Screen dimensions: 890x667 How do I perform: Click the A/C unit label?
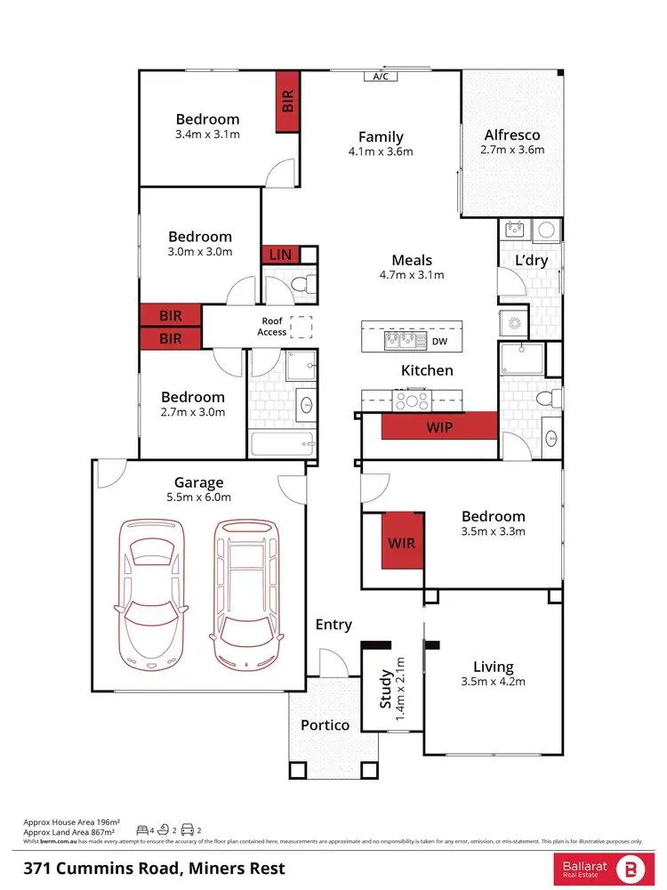click(x=381, y=77)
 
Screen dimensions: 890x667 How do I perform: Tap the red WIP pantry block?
click(x=438, y=426)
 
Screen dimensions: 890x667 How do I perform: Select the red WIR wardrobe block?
click(x=401, y=541)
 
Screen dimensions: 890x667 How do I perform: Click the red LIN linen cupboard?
click(x=280, y=255)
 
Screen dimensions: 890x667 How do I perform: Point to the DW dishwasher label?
click(x=439, y=341)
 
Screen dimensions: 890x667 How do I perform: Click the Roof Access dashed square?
click(x=303, y=328)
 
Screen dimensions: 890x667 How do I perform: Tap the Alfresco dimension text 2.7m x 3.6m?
click(x=512, y=150)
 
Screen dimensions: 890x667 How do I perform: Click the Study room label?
click(x=386, y=689)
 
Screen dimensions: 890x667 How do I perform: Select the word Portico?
click(x=325, y=724)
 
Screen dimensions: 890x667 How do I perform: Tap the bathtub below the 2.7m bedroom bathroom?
click(x=282, y=443)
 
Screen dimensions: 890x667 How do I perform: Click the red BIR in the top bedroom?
click(x=287, y=101)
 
